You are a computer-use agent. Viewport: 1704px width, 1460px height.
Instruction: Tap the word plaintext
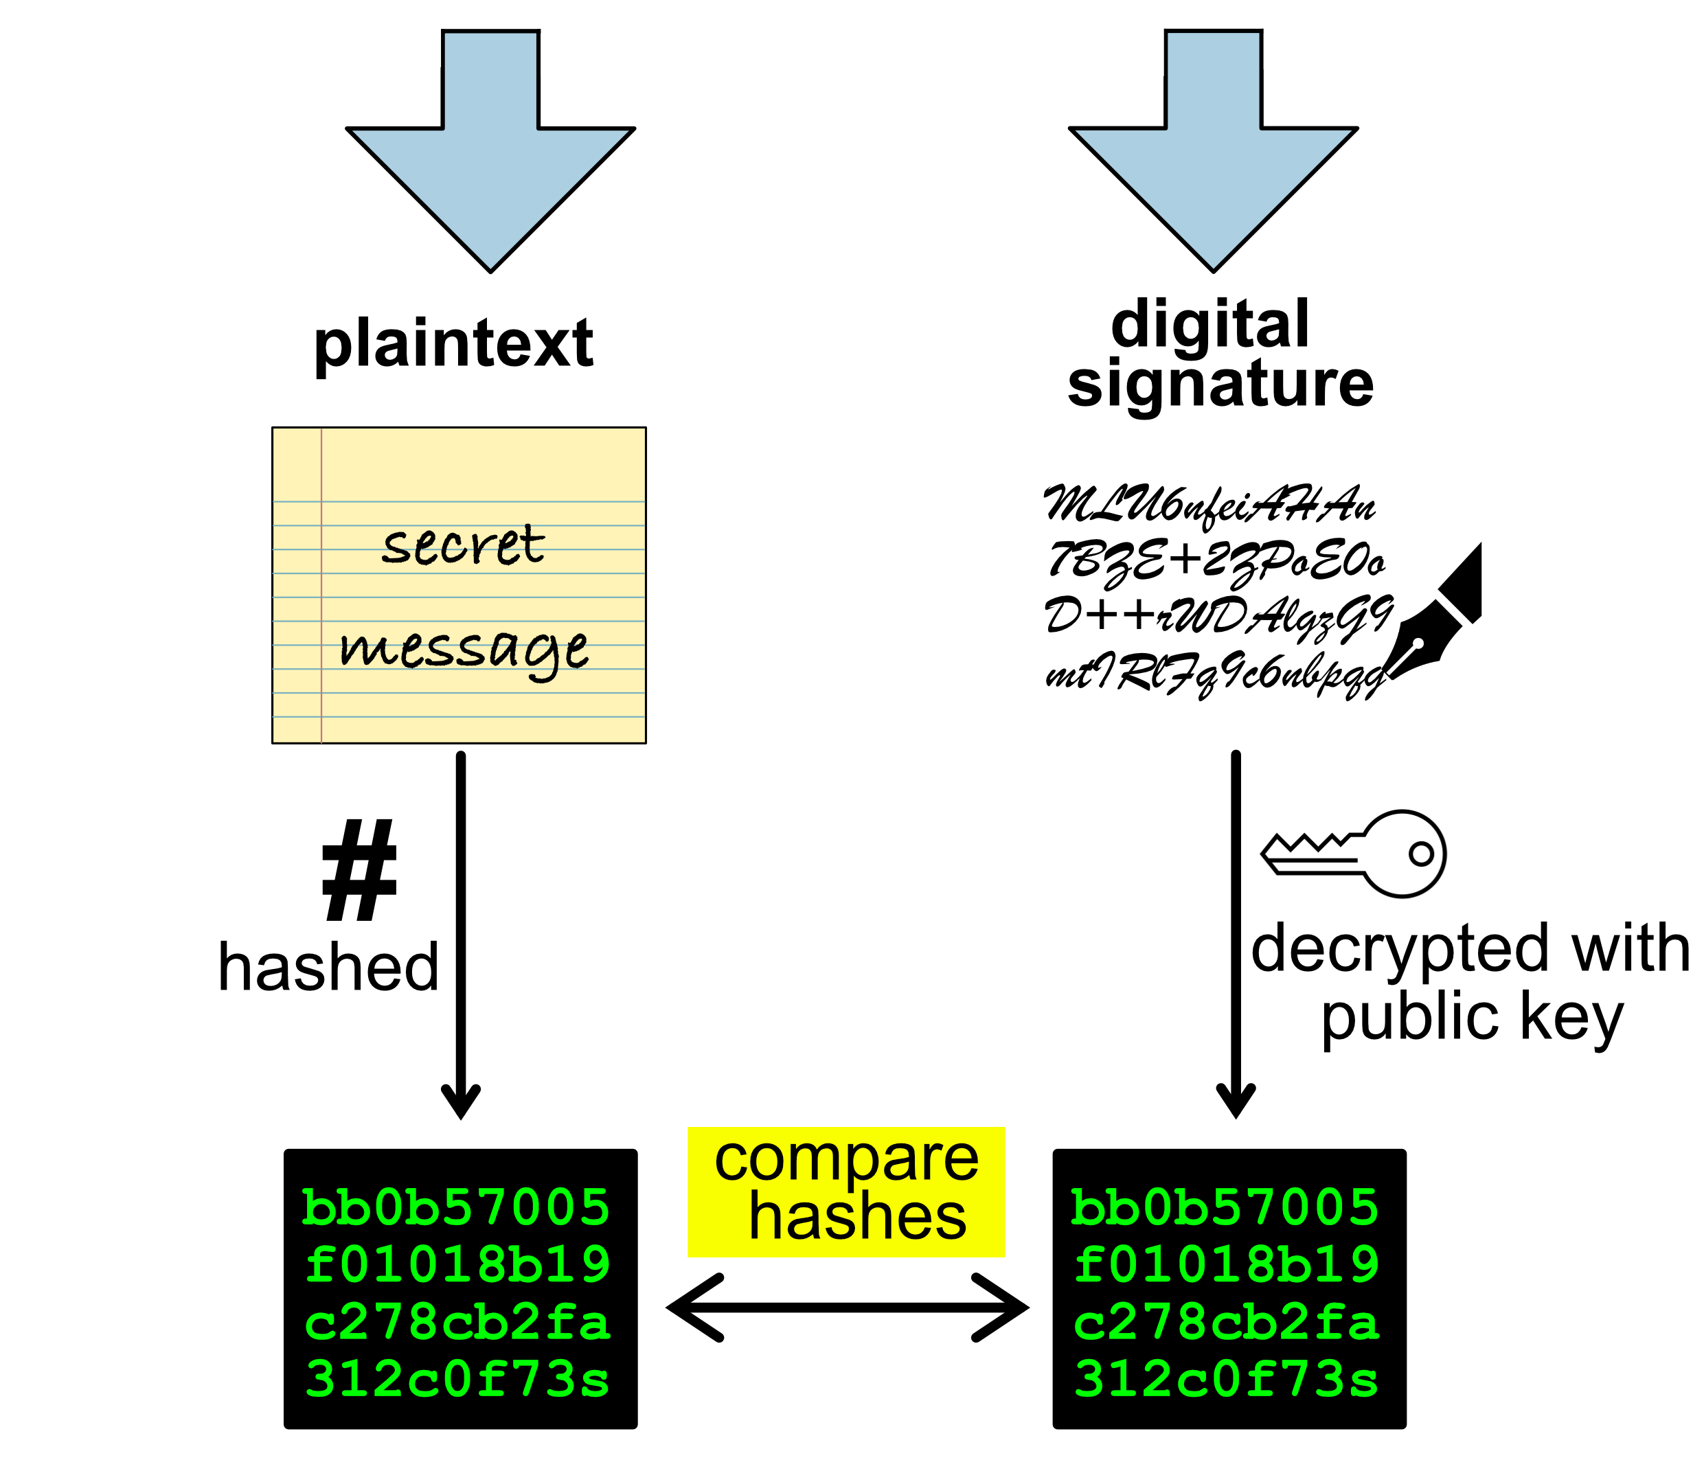pyautogui.click(x=453, y=343)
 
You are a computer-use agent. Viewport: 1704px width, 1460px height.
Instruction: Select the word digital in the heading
pyautogui.click(x=1209, y=324)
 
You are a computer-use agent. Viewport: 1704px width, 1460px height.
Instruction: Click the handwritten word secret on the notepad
pyautogui.click(x=463, y=545)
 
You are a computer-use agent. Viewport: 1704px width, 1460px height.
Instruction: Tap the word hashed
pyautogui.click(x=328, y=968)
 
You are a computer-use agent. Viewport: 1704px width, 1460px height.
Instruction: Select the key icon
pyautogui.click(x=1358, y=854)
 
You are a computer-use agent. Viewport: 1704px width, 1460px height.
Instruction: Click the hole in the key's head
pyautogui.click(x=1421, y=854)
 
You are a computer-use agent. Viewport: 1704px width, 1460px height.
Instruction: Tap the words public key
pyautogui.click(x=1471, y=1018)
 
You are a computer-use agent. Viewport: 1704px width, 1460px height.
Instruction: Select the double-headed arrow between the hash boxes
pyautogui.click(x=847, y=1307)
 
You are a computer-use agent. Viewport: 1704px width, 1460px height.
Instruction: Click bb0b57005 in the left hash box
pyautogui.click(x=457, y=1207)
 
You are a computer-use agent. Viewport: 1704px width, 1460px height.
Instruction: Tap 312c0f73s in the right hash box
pyautogui.click(x=1226, y=1378)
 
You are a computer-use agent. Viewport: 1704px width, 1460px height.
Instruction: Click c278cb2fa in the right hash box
pyautogui.click(x=1226, y=1323)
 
